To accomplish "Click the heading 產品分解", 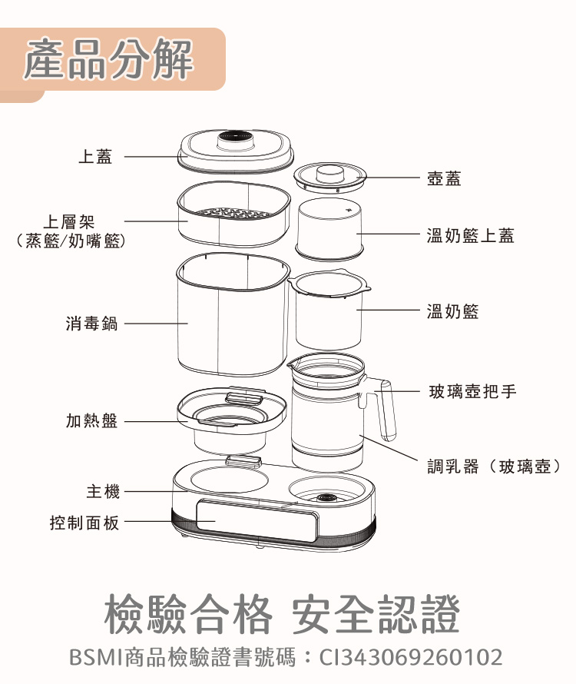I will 108,61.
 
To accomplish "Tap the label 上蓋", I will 95,157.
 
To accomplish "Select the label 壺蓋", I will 444,178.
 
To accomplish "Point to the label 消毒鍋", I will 91,324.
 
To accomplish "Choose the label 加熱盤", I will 91,421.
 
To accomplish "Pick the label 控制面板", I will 84,523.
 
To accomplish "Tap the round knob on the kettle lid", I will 330,172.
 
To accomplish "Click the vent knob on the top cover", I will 236,138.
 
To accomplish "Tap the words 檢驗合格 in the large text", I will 188,615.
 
